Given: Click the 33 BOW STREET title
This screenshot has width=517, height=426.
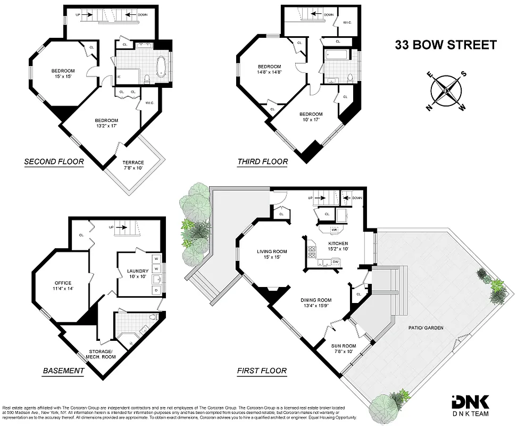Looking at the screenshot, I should pos(445,45).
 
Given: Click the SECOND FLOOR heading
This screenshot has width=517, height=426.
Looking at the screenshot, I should pos(54,161).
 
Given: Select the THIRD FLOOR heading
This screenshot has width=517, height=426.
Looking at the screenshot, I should pos(263,161).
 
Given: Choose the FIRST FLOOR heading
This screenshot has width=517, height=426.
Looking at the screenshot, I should pos(262,371).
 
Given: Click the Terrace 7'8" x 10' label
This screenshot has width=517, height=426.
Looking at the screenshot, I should pos(133,165).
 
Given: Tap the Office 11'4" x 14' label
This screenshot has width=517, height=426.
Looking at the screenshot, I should pos(63,286).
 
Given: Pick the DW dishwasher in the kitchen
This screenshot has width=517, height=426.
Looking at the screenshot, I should pos(336,262).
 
